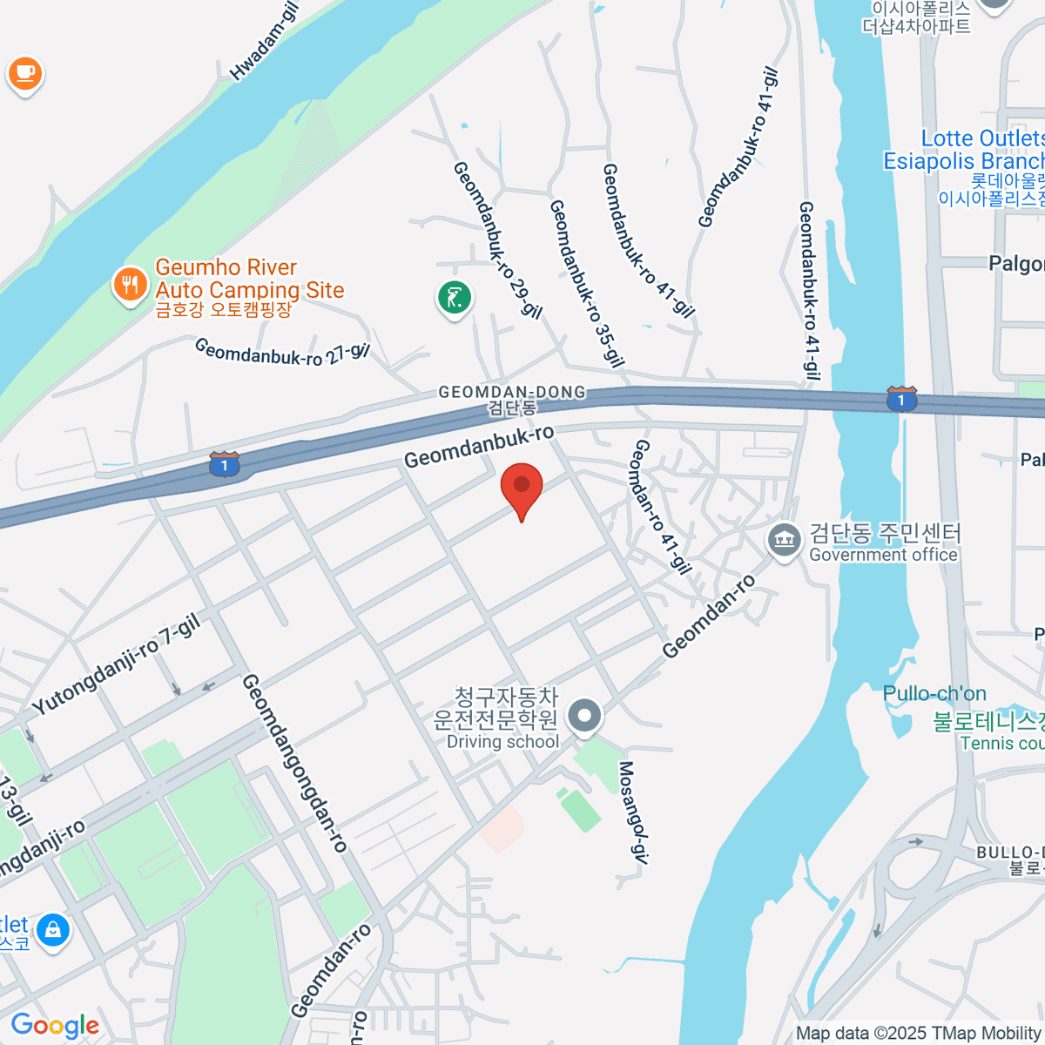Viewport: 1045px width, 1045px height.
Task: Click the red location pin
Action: coord(522,487)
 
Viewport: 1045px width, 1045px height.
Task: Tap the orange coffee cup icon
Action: coord(24,73)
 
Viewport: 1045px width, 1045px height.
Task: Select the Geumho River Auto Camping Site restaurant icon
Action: coord(130,284)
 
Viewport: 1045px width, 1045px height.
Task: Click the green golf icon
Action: coord(454,299)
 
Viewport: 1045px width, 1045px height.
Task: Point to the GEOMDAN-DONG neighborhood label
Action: coord(512,393)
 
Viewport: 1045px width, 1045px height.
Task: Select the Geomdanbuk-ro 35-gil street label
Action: coord(587,283)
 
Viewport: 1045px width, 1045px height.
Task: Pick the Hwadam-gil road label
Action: coord(264,41)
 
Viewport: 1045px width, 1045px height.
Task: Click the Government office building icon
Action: coord(785,540)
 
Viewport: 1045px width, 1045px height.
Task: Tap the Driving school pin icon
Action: coord(584,717)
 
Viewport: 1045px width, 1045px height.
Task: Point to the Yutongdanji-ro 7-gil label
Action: coord(117,664)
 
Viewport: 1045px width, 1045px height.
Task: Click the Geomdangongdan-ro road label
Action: coord(295,763)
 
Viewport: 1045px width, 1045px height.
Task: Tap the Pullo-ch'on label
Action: coord(934,694)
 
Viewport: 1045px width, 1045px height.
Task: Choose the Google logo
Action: coord(55,1026)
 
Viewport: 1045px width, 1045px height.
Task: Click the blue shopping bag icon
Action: coord(54,930)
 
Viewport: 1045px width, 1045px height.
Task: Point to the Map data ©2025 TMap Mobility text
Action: coord(919,1033)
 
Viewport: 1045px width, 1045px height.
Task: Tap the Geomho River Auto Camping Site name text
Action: coord(249,279)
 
